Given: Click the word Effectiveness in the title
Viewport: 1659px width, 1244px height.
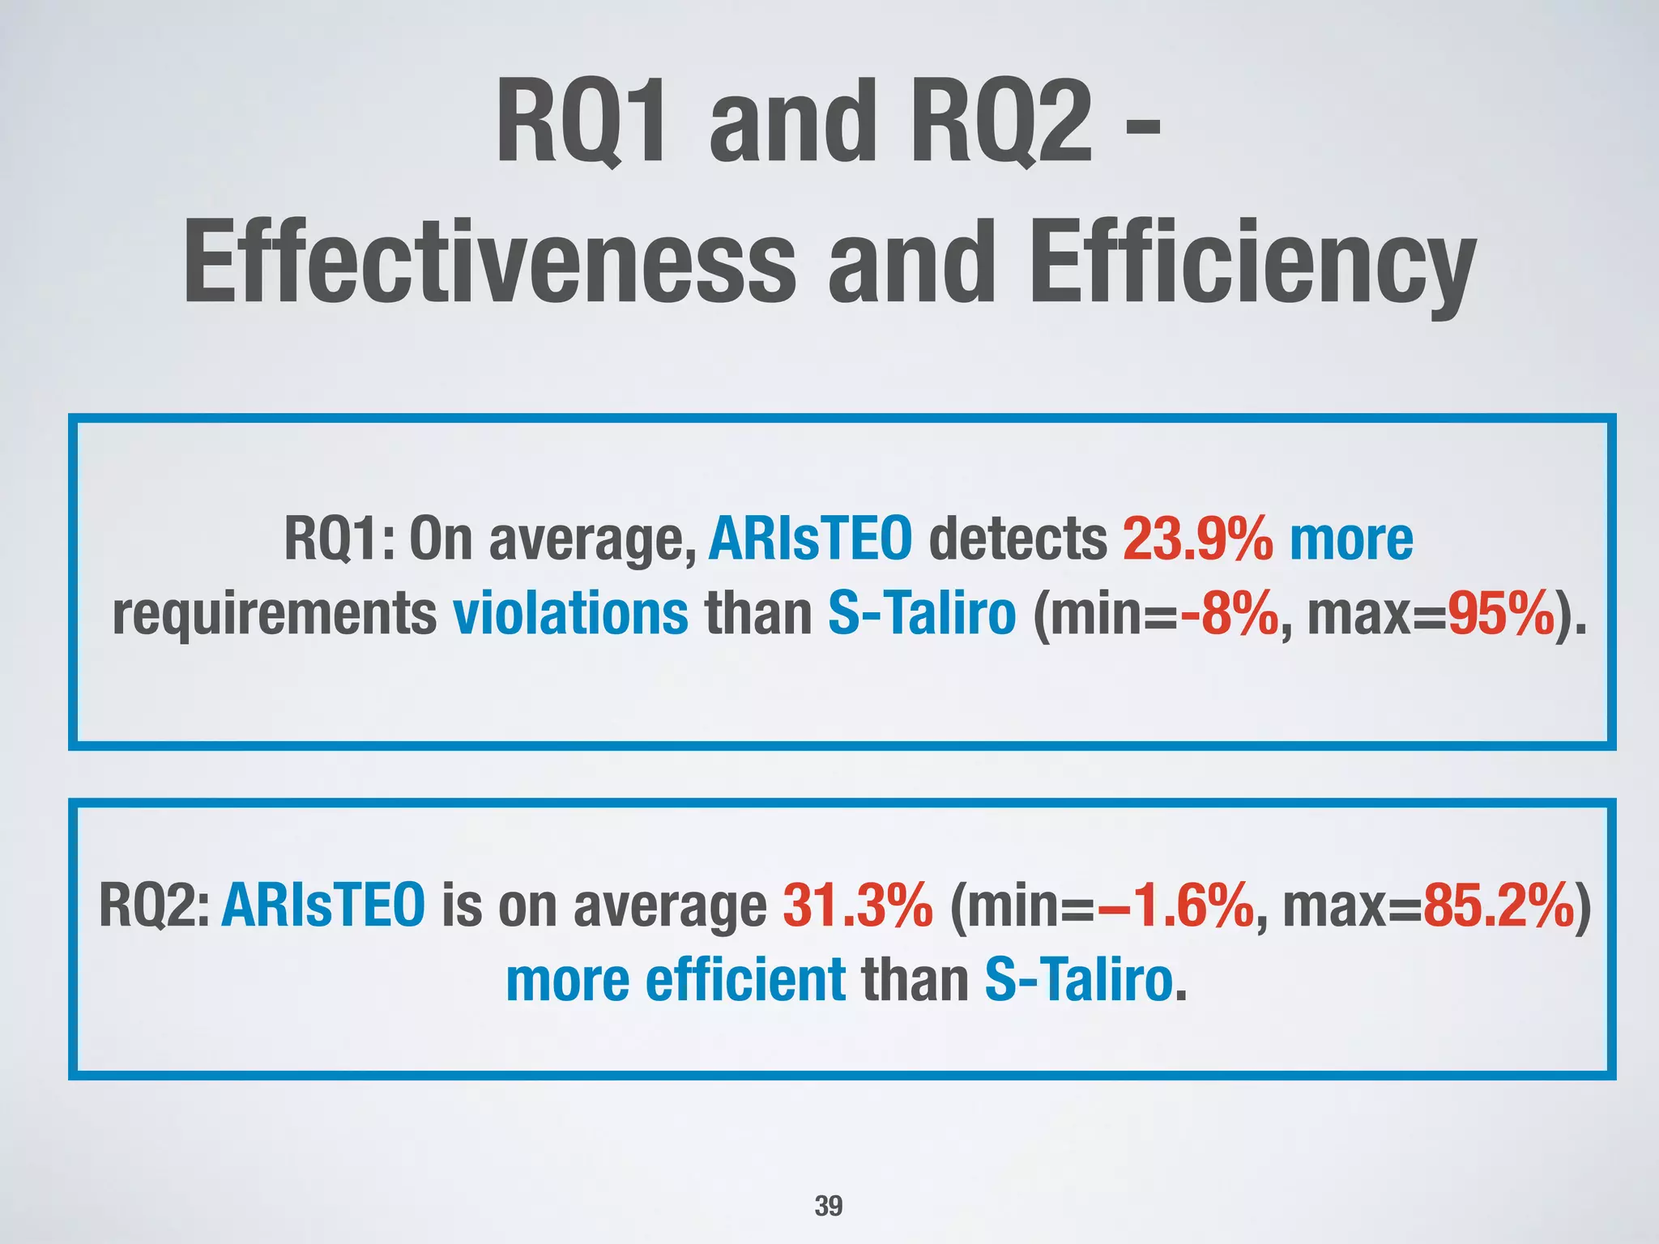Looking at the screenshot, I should pos(490,263).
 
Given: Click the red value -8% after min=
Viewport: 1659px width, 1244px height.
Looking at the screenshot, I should pos(1230,614).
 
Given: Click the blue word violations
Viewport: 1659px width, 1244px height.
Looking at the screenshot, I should pos(570,614).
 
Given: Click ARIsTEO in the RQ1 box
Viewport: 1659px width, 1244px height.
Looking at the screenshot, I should pos(810,539).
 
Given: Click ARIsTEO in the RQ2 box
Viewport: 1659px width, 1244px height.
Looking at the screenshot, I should pos(322,905).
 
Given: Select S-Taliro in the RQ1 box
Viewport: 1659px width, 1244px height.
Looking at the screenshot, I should pos(921,614).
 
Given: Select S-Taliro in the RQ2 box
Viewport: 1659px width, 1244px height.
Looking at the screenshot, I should pos(1078,980).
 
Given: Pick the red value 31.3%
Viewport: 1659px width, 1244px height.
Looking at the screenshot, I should pos(858,905).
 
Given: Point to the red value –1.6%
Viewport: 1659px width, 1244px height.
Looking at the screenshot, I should pos(1175,905).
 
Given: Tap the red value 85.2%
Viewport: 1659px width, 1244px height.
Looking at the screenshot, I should pos(1498,905).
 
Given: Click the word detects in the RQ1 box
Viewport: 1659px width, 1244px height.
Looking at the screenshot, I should pos(1017,539).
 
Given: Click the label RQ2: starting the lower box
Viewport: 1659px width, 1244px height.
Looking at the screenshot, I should pos(154,905).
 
